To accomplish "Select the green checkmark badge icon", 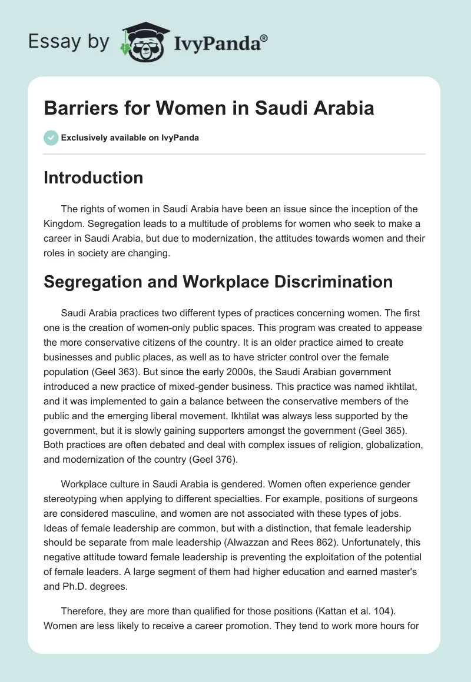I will click(x=51, y=138).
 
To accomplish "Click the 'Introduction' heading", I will click(x=93, y=178).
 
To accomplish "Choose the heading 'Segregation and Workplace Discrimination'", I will click(x=218, y=282).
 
